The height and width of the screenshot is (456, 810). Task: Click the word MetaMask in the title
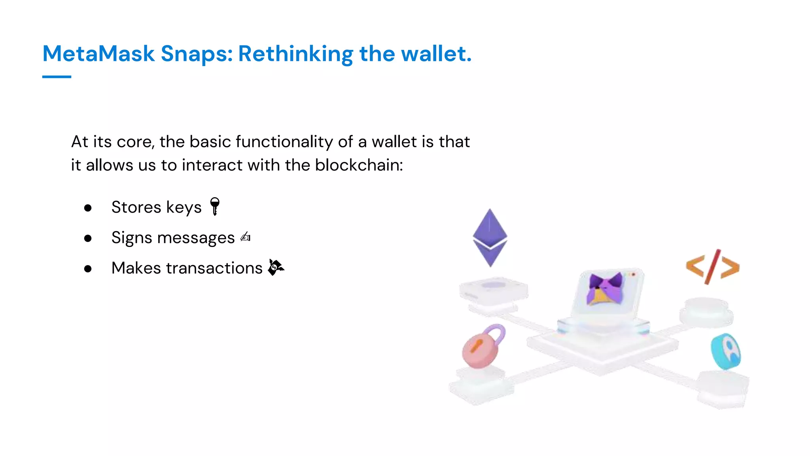(x=98, y=53)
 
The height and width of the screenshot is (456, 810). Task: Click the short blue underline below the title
(x=57, y=77)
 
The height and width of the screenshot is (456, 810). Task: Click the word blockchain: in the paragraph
(x=359, y=165)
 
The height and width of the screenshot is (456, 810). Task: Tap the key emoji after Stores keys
(x=215, y=206)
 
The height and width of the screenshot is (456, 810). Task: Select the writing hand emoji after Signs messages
(x=245, y=237)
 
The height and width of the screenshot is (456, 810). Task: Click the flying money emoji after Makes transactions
(x=276, y=267)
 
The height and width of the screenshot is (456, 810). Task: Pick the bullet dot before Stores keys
(x=88, y=208)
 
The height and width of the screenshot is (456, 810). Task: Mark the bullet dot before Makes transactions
(x=88, y=269)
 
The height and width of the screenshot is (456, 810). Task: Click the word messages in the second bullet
(x=196, y=238)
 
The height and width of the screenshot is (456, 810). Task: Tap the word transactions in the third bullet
(x=214, y=268)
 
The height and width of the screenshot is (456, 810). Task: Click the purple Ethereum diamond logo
(x=490, y=237)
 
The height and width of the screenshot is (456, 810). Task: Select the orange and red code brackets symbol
(x=712, y=267)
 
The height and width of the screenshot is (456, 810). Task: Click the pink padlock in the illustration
(x=479, y=350)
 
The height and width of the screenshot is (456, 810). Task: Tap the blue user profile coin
(x=727, y=351)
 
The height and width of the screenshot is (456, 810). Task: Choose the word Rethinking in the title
(x=295, y=53)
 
